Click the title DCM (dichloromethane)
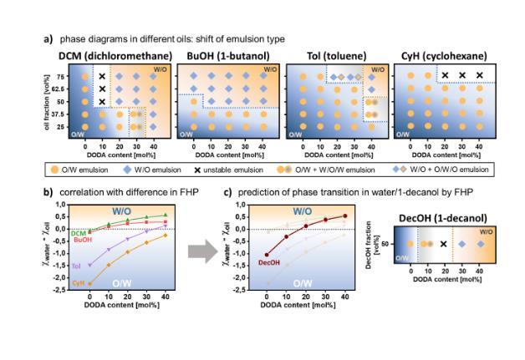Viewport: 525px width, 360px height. (x=111, y=55)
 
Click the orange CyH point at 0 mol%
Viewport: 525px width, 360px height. (x=89, y=284)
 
